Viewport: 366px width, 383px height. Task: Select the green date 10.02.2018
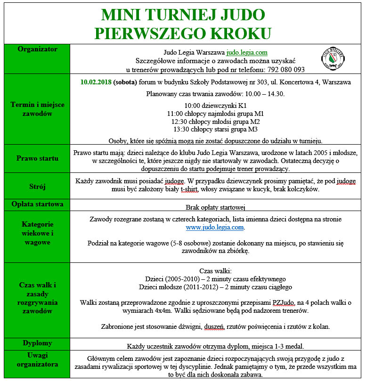[96, 82]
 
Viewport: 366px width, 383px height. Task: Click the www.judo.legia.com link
[215, 227]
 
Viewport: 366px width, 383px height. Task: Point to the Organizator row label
[37, 49]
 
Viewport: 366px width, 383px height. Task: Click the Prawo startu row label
[37, 158]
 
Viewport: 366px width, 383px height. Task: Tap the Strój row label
[37, 186]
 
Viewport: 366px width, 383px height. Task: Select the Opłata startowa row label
[37, 204]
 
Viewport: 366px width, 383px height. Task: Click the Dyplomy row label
[37, 343]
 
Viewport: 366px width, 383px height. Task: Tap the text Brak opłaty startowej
[215, 207]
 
